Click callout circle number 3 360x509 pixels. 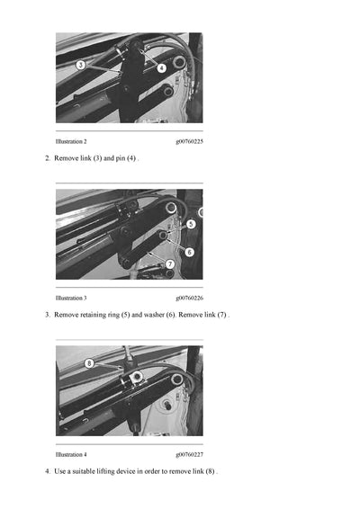[x=80, y=65]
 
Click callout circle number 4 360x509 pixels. [x=162, y=67]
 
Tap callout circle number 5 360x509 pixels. [x=191, y=223]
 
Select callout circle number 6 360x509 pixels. [x=189, y=252]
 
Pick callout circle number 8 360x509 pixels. [x=89, y=363]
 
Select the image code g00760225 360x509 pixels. [x=189, y=142]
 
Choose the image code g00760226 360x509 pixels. [x=189, y=298]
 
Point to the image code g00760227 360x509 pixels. [x=189, y=454]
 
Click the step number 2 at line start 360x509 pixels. [x=47, y=158]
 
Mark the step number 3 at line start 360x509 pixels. [x=47, y=315]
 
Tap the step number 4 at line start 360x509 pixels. [x=47, y=471]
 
